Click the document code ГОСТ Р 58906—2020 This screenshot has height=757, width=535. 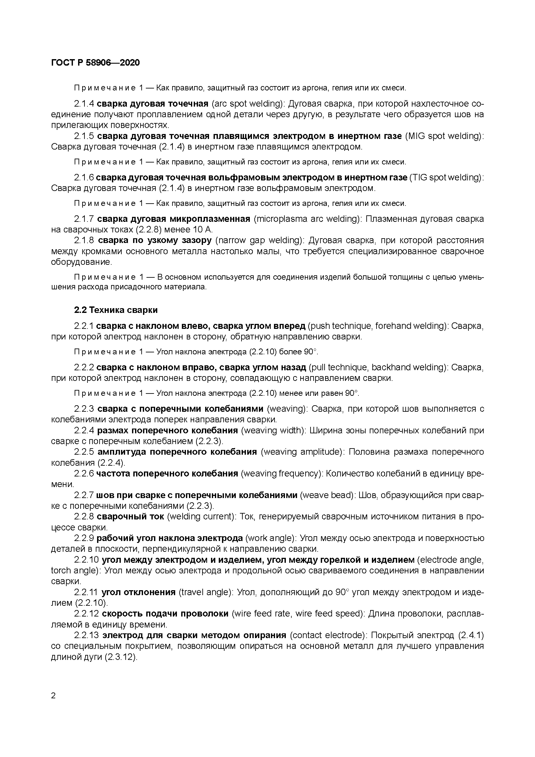click(x=96, y=63)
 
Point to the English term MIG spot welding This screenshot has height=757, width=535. click(x=443, y=136)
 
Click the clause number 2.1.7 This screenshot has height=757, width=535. click(x=84, y=219)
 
